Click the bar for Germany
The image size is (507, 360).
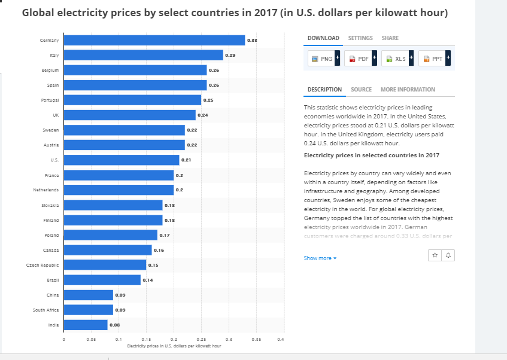click(x=154, y=40)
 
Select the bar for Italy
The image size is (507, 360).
click(x=143, y=55)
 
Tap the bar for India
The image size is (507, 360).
click(x=86, y=325)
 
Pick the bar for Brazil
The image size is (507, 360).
click(x=102, y=280)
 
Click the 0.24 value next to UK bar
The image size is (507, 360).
click(x=202, y=115)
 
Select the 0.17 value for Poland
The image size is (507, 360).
click(x=165, y=235)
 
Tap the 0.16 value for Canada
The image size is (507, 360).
click(x=159, y=250)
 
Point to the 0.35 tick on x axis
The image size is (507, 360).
click(x=256, y=339)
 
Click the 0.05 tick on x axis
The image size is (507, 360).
click(x=91, y=339)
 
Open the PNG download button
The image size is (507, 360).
click(x=323, y=59)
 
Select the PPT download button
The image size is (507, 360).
click(x=434, y=59)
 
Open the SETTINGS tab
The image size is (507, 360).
click(x=360, y=38)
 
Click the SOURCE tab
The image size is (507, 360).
click(x=361, y=90)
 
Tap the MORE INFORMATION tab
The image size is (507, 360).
click(x=408, y=90)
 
